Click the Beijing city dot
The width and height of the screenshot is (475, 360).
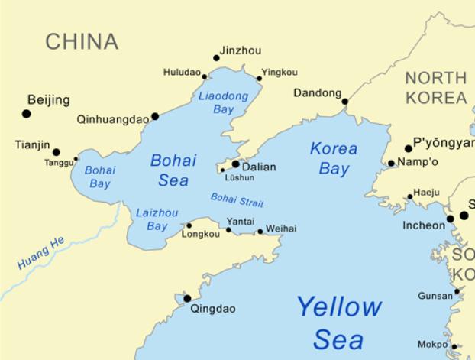(x=27, y=114)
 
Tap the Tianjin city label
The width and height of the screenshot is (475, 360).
(x=32, y=144)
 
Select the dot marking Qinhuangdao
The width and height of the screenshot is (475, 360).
(x=155, y=117)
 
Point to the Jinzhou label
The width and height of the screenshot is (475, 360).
(x=240, y=51)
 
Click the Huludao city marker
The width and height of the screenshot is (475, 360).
(x=205, y=76)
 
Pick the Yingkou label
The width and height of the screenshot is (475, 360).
(x=280, y=73)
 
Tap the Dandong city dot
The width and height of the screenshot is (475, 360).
(x=344, y=101)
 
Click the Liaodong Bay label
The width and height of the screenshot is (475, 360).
(x=222, y=103)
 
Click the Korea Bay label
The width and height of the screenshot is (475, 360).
(x=334, y=159)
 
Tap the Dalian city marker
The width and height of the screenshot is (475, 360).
(x=235, y=164)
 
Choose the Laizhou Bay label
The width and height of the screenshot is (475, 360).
(x=157, y=219)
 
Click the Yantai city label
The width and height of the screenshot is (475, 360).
(x=239, y=220)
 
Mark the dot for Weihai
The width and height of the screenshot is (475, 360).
(x=260, y=231)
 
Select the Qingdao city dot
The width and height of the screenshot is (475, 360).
(x=187, y=299)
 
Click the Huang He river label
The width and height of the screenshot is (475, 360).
(x=41, y=252)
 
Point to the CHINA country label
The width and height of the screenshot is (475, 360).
(x=82, y=42)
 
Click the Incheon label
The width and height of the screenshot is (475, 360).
(x=424, y=225)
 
